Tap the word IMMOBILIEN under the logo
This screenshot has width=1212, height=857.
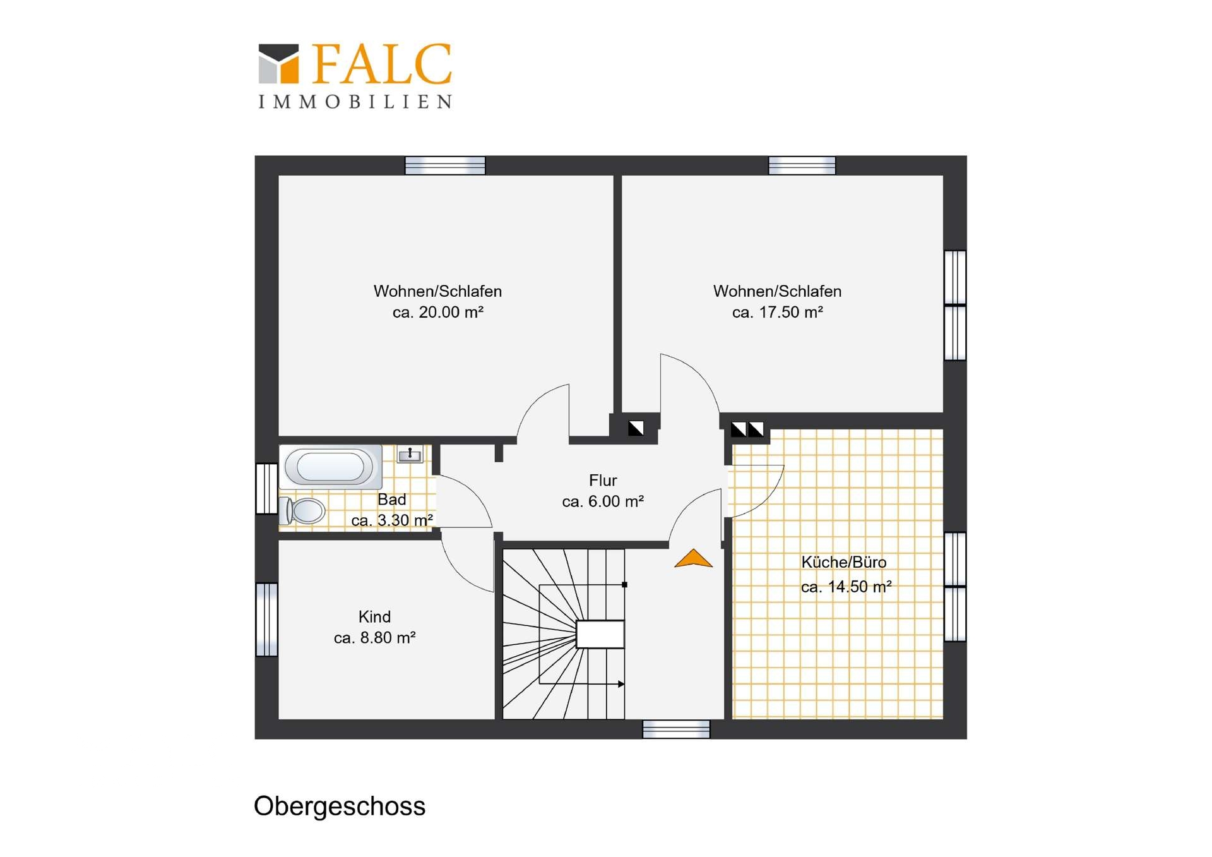point(355,102)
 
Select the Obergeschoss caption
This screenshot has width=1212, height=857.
point(340,806)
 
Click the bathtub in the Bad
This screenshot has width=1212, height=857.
point(330,467)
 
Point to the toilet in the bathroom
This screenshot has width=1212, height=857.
point(302,510)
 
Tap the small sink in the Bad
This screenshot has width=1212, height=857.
point(410,454)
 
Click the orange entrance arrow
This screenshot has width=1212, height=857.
point(693,558)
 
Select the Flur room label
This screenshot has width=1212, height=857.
point(603,480)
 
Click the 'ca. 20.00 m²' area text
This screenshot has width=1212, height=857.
point(438,312)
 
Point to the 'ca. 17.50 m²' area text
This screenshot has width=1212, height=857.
point(777,312)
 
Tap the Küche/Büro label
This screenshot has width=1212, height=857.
point(843,562)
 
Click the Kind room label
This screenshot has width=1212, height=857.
point(374,616)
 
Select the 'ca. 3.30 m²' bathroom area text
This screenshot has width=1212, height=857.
point(392,520)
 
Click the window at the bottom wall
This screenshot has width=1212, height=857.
point(676,729)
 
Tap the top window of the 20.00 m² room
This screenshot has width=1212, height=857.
point(445,165)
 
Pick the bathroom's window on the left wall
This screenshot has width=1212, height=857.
point(266,489)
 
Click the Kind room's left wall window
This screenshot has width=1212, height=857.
point(266,620)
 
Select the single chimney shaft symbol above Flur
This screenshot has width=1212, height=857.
point(636,428)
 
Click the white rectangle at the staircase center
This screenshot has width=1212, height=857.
point(600,634)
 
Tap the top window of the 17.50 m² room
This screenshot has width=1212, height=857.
point(802,165)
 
